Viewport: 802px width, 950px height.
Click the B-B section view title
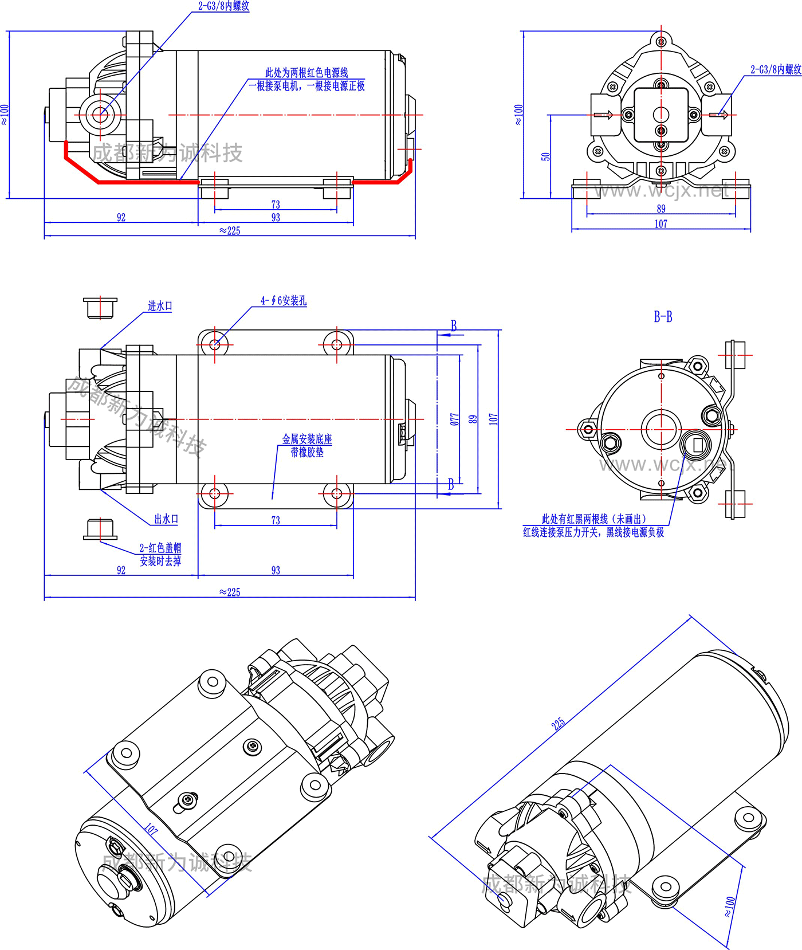point(663,316)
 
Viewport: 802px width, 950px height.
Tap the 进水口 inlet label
point(160,306)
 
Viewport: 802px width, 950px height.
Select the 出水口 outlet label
point(166,519)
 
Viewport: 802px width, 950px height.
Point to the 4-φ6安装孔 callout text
point(284,301)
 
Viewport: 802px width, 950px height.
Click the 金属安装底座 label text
point(307,439)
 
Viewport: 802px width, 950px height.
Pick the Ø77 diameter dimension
point(455,419)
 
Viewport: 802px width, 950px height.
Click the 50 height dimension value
point(546,156)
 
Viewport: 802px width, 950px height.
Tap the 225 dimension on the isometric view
point(558,723)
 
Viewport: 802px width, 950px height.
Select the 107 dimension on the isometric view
point(151,829)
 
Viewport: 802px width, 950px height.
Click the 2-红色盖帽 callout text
point(160,548)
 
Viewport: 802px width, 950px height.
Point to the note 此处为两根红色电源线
point(306,73)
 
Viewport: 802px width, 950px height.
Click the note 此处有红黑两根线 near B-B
point(593,519)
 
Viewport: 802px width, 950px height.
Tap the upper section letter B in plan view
point(454,326)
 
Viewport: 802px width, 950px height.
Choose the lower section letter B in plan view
point(451,485)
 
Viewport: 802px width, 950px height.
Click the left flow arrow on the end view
point(603,115)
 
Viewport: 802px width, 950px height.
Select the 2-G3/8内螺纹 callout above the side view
point(223,6)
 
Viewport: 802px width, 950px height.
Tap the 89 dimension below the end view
point(661,209)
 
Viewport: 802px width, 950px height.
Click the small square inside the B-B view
point(697,444)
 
